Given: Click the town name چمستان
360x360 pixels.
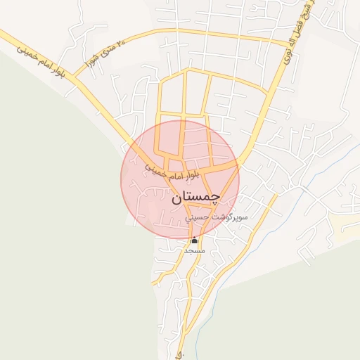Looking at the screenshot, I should [x=195, y=198].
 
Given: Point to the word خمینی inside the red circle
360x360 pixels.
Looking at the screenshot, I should [x=155, y=169].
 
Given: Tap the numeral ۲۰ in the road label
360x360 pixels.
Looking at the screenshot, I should [x=122, y=45].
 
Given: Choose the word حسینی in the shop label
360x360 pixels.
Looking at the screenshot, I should [x=196, y=218].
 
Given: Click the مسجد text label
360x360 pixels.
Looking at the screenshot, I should [x=194, y=250].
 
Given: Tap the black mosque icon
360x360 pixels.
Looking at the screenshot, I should [x=194, y=241].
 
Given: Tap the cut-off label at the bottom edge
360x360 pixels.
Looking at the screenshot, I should [x=180, y=354].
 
